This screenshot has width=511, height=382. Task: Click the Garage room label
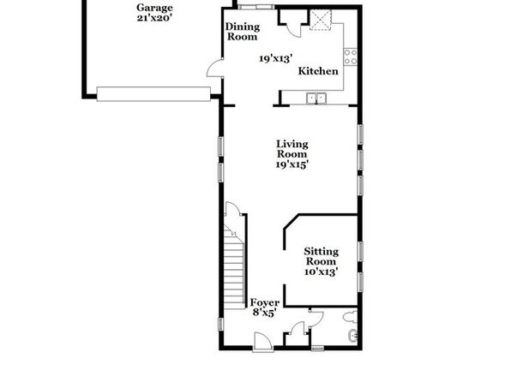154,8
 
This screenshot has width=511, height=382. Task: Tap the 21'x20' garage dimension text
154,18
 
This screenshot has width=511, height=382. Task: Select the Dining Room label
243,32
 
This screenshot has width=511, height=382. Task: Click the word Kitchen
318,71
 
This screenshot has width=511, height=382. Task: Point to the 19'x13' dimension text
276,58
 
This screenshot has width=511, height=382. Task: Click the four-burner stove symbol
351,57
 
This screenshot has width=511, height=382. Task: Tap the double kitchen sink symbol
316,98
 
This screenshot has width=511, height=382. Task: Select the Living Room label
292,149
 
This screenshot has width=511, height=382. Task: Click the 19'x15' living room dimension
292,164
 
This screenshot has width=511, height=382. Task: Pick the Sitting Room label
322,256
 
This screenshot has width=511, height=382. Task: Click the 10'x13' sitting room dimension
321,272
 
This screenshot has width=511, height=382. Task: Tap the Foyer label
265,302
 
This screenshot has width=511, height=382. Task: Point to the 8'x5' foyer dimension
265,313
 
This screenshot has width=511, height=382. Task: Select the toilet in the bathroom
351,317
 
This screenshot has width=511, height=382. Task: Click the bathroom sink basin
353,336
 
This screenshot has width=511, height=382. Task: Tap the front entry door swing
262,341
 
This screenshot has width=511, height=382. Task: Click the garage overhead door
153,94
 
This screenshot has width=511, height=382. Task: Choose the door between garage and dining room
214,69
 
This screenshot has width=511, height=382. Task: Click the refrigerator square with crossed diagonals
321,21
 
